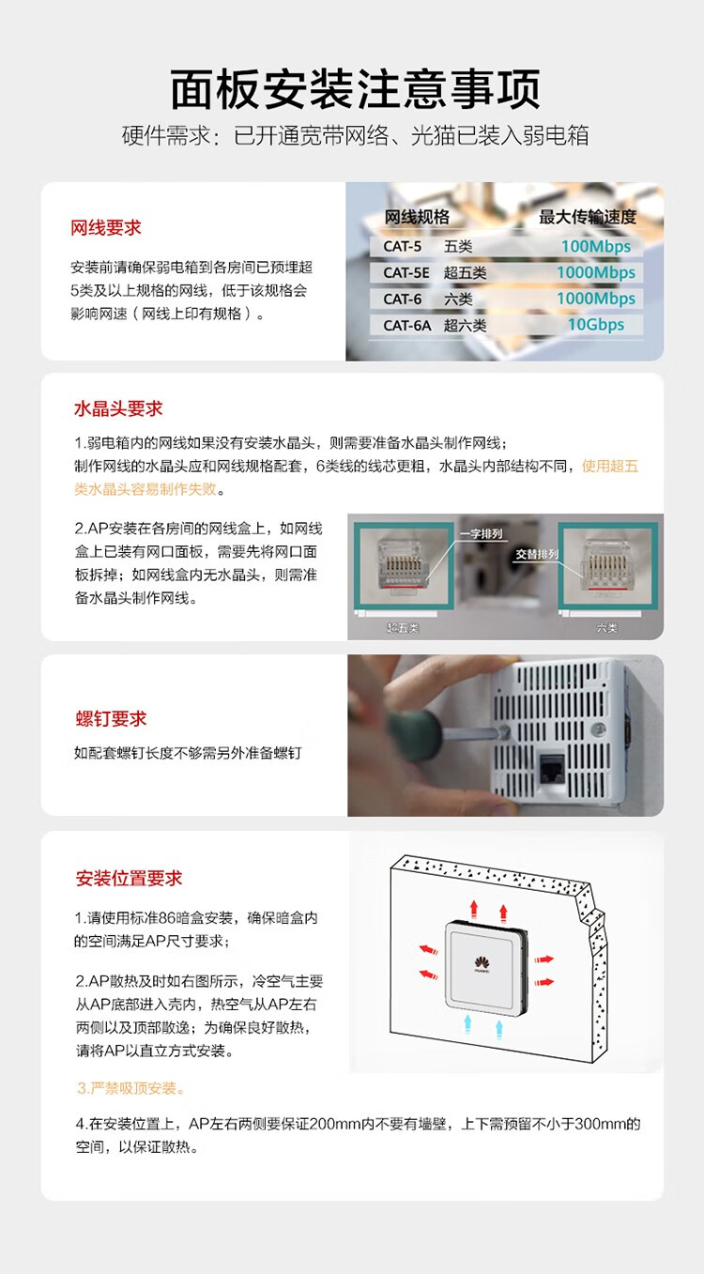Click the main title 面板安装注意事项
pos(355,90)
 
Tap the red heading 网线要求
pos(106,228)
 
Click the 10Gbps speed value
pos(595,325)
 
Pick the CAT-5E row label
pos(406,273)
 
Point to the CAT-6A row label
pos(406,326)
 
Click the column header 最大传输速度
pos(587,217)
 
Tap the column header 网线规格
pos(417,217)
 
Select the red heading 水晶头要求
pos(118,408)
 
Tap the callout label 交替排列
pos(535,554)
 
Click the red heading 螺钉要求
pos(111,719)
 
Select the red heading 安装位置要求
pos(129,879)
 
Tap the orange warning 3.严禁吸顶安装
pos(131,1088)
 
